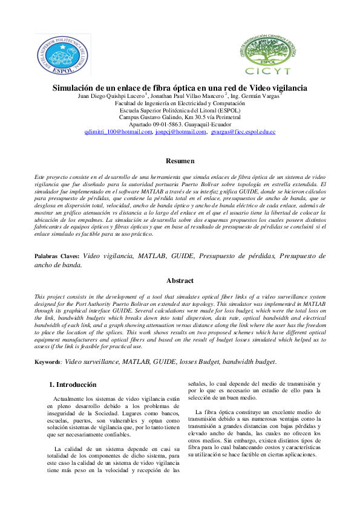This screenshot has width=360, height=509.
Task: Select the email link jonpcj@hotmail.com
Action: click(x=181, y=131)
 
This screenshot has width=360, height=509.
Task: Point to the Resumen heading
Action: click(x=180, y=161)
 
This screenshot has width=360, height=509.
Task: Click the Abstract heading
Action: click(x=180, y=280)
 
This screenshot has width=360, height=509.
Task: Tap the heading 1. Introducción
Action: click(x=73, y=384)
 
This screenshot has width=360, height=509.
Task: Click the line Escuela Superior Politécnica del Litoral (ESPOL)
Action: click(x=180, y=110)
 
